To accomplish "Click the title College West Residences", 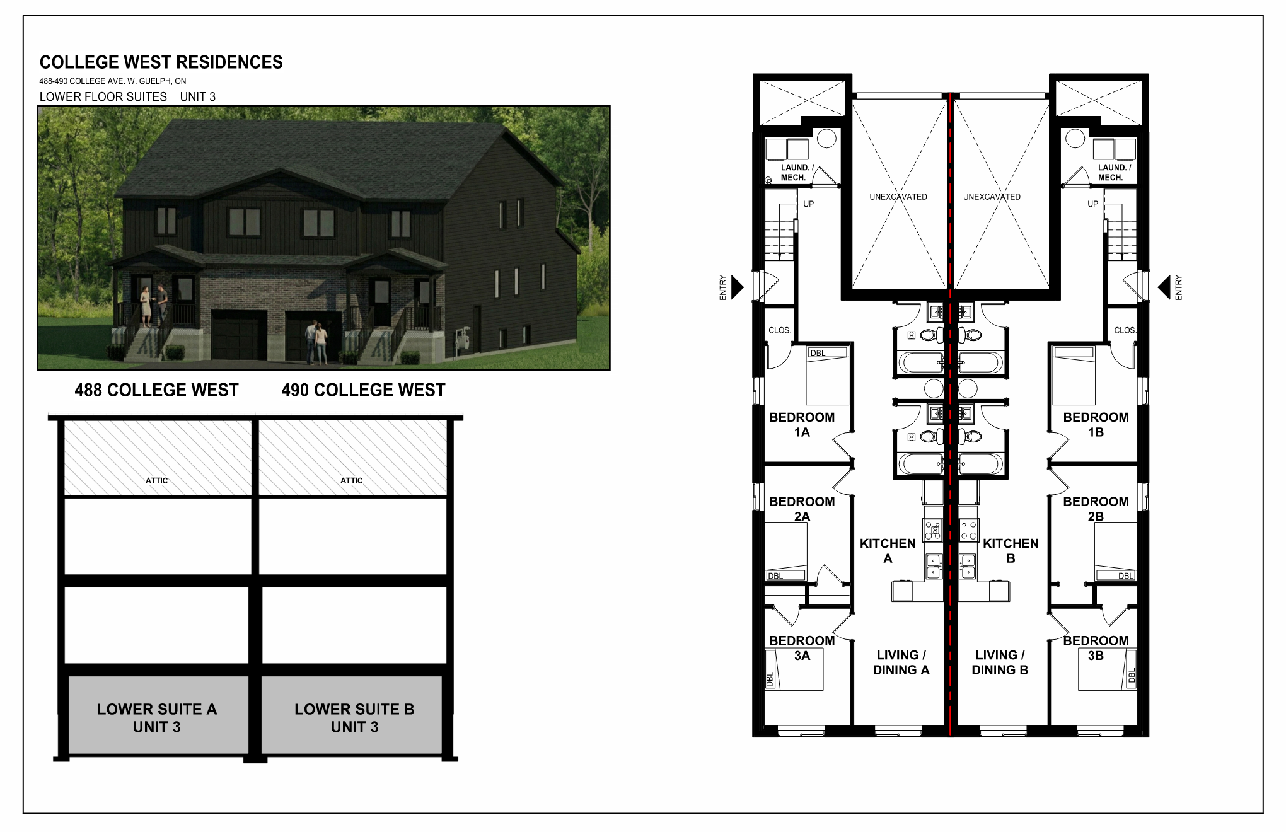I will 161,62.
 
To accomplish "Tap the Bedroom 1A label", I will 802,425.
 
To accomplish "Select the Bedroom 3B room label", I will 1096,648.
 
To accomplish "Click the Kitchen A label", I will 888,551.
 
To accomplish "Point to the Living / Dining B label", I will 1000,662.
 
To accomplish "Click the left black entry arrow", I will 737,287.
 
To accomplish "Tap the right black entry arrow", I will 1164,287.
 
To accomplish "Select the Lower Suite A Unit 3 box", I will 157,717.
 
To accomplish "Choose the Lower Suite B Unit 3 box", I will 354,717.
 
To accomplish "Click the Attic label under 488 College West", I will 157,480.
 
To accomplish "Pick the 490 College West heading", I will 363,390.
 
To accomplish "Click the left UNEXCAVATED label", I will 898,197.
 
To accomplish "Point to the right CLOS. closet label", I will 1125,330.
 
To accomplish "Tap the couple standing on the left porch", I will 154,305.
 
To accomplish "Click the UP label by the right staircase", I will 1092,204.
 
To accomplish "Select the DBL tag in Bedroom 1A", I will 818,354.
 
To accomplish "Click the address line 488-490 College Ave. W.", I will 113,81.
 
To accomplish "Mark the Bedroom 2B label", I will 1096,509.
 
